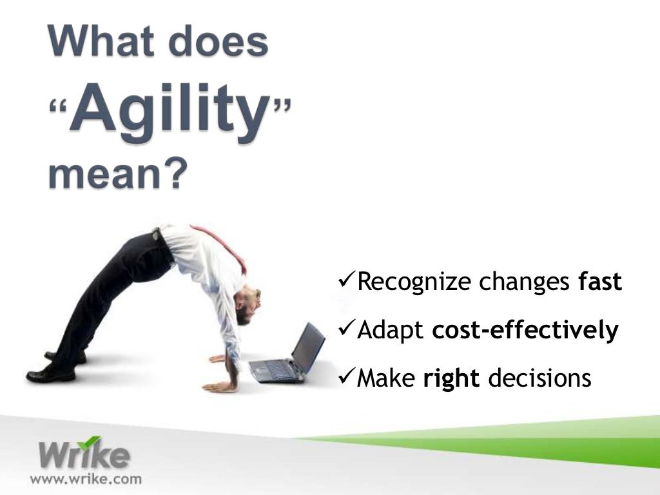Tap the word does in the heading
221,43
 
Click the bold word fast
600,282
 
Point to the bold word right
451,378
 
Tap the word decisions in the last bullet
539,378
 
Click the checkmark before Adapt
346,329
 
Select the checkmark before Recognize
346,280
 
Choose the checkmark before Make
346,377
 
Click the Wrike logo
83,454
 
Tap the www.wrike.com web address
86,479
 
